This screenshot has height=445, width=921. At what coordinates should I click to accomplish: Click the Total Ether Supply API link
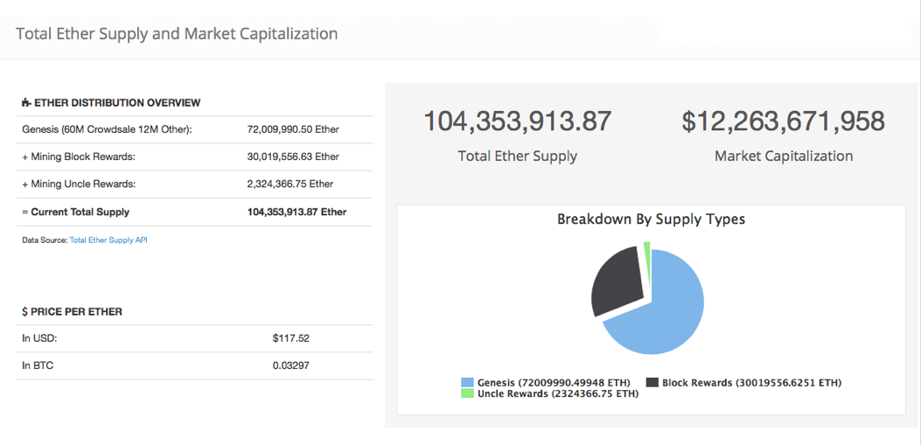[x=108, y=240]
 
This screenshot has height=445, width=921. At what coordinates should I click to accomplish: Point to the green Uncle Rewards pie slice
[x=647, y=251]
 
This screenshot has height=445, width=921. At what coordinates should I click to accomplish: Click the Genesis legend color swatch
[x=467, y=382]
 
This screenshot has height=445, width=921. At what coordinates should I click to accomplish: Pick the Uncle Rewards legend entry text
[x=557, y=393]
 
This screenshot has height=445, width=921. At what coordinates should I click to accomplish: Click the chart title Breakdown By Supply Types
[x=651, y=219]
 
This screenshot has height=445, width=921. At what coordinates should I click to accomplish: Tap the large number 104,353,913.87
[x=517, y=121]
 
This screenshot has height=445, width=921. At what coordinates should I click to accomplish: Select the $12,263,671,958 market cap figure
[x=783, y=121]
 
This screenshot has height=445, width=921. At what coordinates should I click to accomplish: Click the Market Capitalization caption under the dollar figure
[x=783, y=156]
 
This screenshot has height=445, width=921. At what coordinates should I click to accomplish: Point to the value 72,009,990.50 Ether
[x=293, y=129]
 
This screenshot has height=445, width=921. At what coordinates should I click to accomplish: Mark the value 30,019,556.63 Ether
[x=293, y=156]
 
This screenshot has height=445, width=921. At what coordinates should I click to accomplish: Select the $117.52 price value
[x=291, y=337]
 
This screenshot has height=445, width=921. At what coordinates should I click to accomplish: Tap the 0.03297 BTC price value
[x=290, y=365]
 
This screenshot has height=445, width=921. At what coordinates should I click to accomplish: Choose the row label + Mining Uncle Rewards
[x=79, y=184]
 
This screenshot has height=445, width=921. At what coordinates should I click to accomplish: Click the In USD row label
[x=39, y=337]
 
